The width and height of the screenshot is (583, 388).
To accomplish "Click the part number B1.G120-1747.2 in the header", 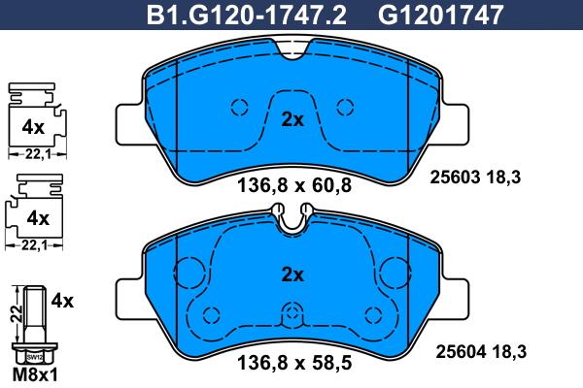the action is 247,16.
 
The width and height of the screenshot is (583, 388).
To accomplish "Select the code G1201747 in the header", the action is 440,16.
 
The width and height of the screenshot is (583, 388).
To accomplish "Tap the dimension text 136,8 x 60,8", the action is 294,185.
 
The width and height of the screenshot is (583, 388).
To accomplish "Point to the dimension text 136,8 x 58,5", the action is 294,362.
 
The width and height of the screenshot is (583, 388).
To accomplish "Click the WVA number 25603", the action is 455,178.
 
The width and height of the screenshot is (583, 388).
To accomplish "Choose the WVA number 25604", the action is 461,351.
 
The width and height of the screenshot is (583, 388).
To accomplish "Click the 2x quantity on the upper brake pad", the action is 292,119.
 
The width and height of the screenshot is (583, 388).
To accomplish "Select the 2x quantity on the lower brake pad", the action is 292,275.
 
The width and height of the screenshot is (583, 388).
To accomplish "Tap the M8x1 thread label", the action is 35,375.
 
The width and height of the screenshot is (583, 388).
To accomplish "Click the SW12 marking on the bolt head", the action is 35,358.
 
